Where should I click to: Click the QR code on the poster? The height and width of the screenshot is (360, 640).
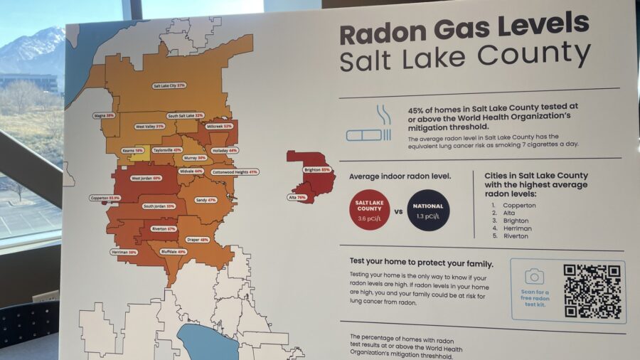[593, 290]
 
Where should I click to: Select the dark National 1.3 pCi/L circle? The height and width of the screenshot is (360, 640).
[428, 210]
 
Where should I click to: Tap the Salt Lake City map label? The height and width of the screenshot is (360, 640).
[169, 85]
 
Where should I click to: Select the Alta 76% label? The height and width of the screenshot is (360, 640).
[297, 197]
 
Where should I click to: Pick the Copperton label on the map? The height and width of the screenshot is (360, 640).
[105, 198]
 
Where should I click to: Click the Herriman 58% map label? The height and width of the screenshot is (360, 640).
[124, 252]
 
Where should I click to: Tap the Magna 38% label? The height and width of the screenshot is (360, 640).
[104, 115]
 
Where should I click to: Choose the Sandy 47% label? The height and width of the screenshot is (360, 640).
[206, 200]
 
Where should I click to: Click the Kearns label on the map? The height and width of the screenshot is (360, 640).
[133, 150]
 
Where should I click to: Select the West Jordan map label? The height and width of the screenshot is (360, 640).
[146, 178]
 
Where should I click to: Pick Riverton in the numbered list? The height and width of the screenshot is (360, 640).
[516, 236]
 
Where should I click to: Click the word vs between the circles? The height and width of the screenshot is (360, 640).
[399, 211]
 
